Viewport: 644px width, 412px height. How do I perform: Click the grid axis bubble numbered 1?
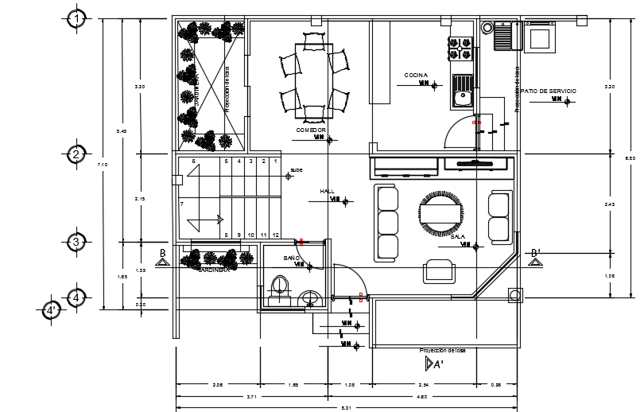(76, 18)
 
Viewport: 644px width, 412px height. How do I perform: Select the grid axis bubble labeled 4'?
(52, 310)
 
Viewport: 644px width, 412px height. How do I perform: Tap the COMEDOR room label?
(311, 130)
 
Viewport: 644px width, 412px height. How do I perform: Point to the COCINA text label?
(415, 76)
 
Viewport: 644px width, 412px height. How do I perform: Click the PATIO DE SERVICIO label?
(549, 91)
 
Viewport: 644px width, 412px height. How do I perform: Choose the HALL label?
(327, 192)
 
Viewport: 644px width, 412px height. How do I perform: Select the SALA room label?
(457, 236)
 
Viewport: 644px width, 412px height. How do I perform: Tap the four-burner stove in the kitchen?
(460, 49)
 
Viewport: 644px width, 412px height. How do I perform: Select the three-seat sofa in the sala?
(387, 223)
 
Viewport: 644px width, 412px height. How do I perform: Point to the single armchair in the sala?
(439, 271)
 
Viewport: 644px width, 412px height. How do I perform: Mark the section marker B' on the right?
(536, 254)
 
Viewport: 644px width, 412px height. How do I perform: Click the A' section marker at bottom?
(433, 363)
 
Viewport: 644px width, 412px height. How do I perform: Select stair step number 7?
(182, 204)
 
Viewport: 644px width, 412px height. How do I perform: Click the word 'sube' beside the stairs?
(296, 169)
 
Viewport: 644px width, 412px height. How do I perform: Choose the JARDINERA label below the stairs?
(213, 270)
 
